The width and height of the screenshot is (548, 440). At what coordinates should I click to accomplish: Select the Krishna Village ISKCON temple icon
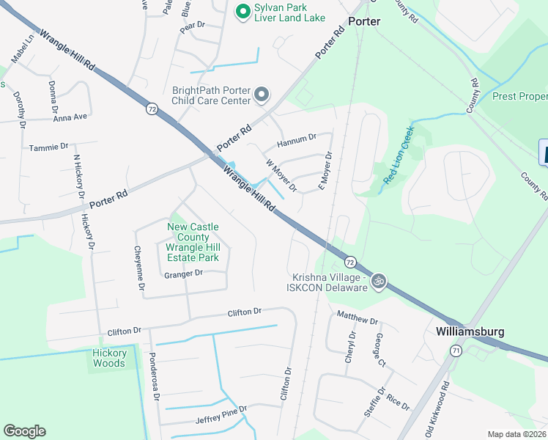(379, 282)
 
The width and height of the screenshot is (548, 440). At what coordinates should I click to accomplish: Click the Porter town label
(364, 21)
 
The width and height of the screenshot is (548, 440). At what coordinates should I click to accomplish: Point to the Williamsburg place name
(470, 331)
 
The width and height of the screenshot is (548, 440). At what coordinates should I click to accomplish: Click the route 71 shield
(456, 351)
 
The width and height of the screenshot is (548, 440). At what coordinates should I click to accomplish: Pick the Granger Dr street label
(183, 274)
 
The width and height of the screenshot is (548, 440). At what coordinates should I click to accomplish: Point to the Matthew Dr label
(357, 318)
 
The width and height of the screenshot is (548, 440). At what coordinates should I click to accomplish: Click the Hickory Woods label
(110, 358)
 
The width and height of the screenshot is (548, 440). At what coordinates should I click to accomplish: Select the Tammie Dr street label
(48, 147)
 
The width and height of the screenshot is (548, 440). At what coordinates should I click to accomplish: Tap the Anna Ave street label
(70, 117)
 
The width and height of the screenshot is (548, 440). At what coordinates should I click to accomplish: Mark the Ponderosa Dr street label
(155, 380)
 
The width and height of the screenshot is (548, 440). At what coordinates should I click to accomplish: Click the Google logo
(24, 430)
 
